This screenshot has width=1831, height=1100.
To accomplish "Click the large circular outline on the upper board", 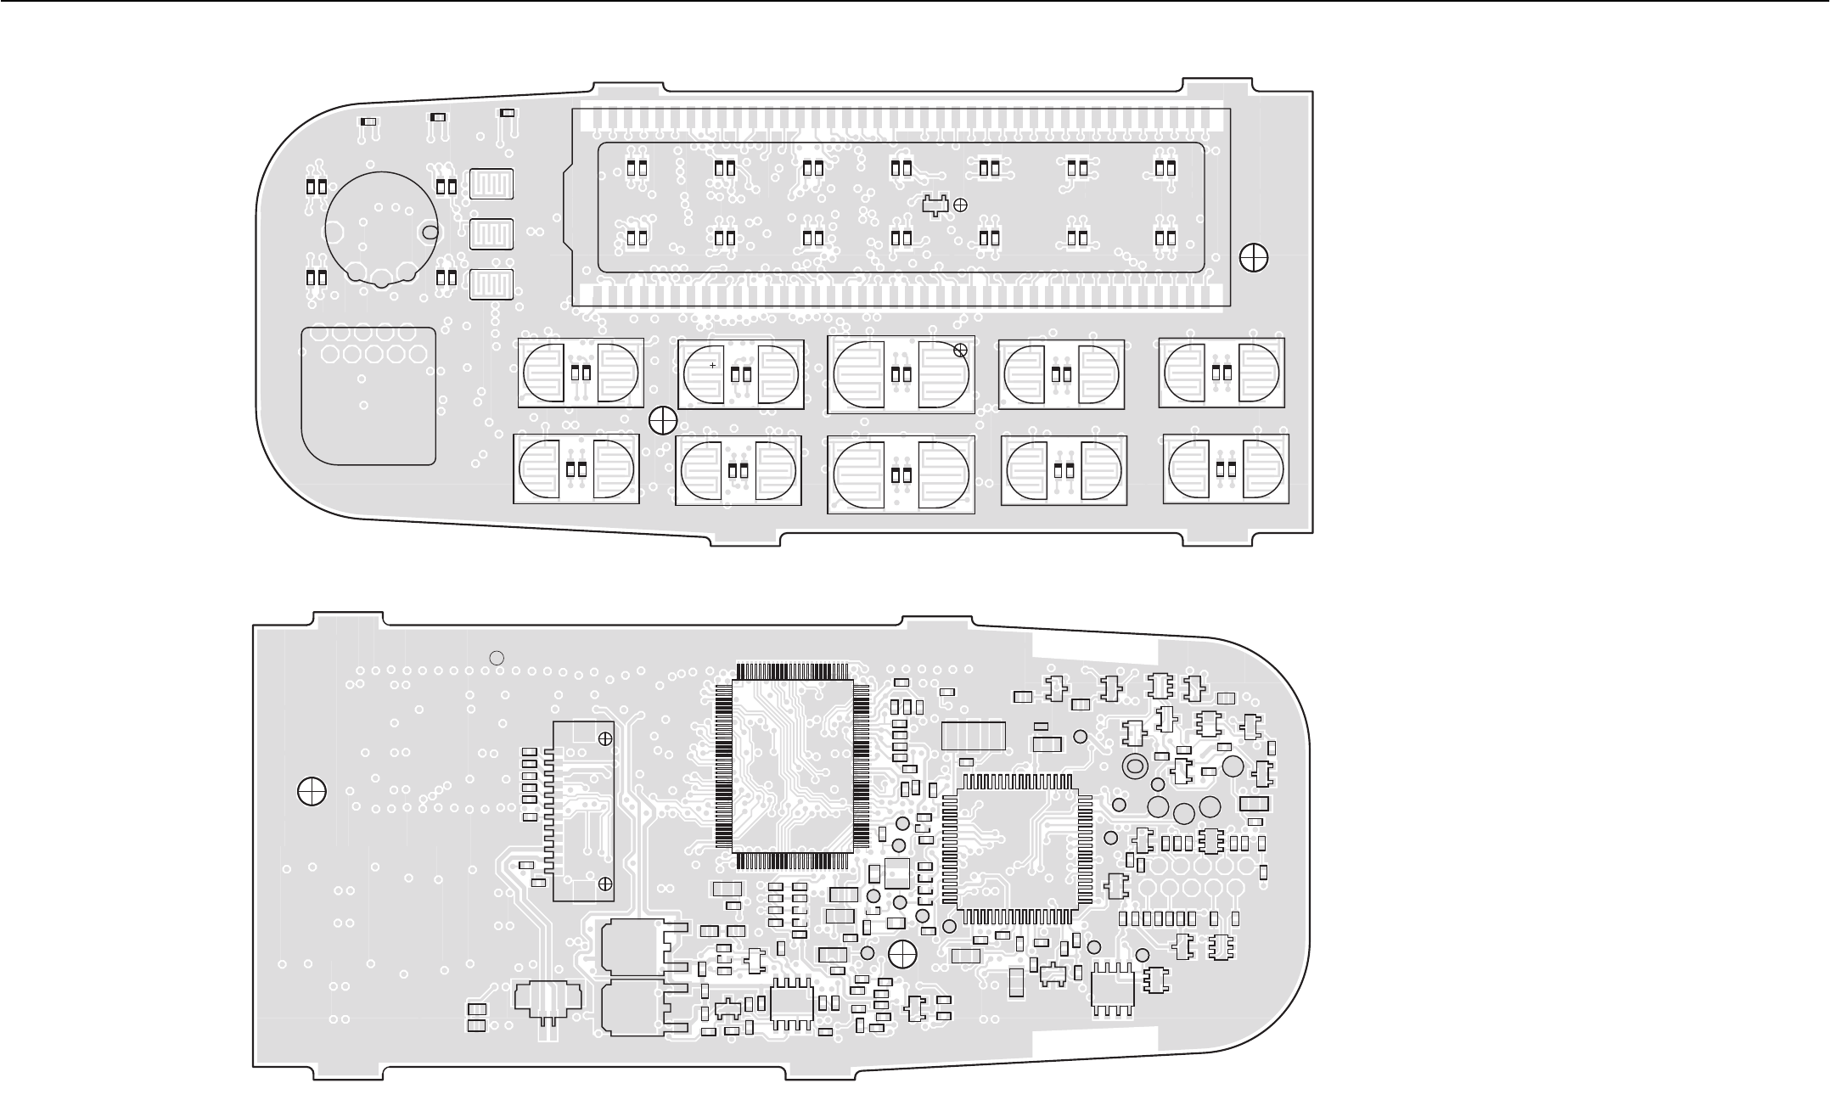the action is click(381, 227).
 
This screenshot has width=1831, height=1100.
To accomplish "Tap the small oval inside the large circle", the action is click(430, 232).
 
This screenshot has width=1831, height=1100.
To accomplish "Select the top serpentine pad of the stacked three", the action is click(492, 183).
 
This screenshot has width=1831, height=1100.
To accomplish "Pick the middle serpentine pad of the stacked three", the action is click(492, 233).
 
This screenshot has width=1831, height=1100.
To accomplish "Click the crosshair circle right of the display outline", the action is click(1254, 257).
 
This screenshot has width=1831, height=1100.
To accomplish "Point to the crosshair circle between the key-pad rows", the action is click(662, 418).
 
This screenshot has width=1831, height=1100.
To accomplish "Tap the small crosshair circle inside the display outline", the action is click(961, 204).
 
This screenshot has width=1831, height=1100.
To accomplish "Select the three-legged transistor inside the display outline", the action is click(935, 205).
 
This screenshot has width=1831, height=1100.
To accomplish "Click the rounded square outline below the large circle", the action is click(368, 395).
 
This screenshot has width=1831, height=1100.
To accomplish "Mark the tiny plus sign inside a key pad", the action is click(713, 365).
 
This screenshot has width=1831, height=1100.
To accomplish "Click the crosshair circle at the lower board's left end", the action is click(312, 791).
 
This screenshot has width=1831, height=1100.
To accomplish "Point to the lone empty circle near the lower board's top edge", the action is click(498, 656).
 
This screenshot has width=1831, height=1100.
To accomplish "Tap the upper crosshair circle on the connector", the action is click(605, 738).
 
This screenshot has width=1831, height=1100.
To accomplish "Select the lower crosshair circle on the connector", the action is click(605, 884).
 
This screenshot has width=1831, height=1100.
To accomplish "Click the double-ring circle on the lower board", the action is click(1135, 766).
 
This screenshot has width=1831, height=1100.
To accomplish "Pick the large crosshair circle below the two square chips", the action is click(901, 952).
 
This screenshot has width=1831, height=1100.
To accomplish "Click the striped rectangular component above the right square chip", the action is click(974, 735).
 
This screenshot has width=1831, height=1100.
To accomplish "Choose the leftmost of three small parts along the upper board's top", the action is click(368, 121).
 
